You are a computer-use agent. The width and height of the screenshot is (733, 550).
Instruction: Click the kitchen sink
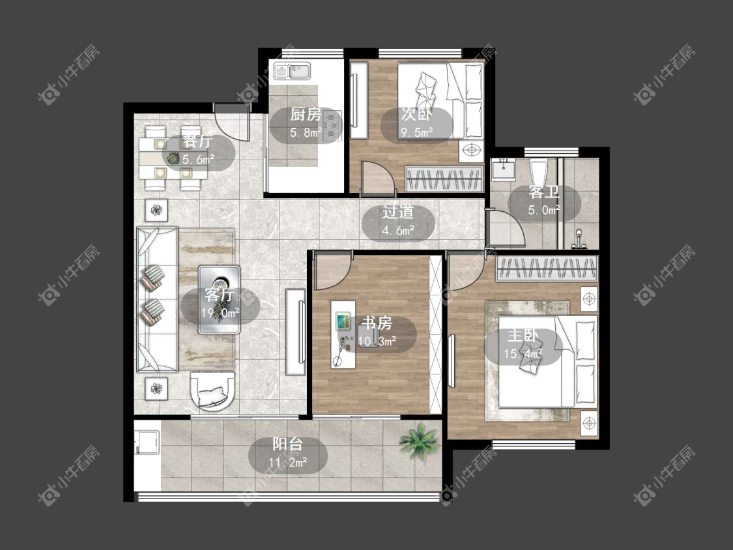292,71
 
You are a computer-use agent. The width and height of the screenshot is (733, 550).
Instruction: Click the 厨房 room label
306,115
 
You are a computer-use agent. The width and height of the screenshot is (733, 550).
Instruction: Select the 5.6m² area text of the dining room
198,160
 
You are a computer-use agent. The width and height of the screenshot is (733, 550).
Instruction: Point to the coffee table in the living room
219,299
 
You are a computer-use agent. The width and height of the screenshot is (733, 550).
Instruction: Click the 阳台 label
287,444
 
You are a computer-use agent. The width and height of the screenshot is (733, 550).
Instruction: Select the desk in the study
343,334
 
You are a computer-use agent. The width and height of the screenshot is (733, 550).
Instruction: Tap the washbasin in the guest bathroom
502,169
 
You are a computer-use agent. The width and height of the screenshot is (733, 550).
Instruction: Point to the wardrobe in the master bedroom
547,268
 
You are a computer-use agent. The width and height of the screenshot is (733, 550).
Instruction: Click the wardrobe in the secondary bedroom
444,179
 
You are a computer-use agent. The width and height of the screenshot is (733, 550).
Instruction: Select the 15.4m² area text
523,354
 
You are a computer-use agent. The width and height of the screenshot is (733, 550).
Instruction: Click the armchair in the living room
212,391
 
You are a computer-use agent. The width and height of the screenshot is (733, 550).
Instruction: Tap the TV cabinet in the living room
296,332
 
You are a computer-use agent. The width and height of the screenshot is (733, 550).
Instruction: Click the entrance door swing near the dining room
231,122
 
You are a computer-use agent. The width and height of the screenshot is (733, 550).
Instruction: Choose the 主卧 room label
523,336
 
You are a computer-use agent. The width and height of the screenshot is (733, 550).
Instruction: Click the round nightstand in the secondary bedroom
472,151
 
